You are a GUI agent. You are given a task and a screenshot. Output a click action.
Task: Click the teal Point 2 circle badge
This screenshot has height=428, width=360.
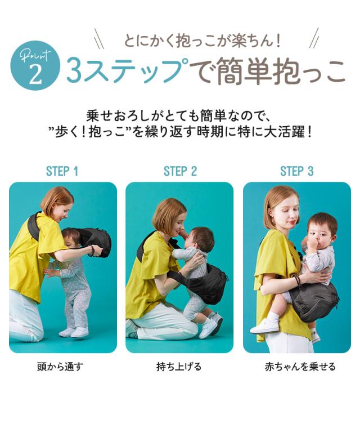click(35, 67)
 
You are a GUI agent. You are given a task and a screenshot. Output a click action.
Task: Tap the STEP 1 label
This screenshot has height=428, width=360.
click(62, 171)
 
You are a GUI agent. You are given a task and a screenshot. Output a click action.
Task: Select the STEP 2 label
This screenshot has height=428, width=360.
click(180, 171)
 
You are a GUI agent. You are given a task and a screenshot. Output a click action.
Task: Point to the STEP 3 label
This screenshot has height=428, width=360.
click(296, 171)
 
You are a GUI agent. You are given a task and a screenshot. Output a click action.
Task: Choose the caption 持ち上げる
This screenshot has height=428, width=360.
click(179, 367)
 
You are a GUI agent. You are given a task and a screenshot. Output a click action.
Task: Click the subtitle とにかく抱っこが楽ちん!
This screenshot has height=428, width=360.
click(202, 41)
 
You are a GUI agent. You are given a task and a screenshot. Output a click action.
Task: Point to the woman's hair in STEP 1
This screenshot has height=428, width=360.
click(56, 197)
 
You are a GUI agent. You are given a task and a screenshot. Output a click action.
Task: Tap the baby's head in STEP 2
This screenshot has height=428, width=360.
click(200, 239)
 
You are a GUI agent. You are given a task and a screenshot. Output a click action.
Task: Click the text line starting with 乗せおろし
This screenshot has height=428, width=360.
click(180, 117)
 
